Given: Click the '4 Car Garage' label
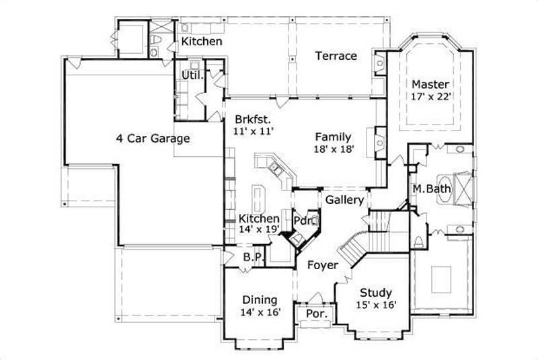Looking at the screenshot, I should coord(153,139).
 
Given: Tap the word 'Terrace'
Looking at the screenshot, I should coord(336,56).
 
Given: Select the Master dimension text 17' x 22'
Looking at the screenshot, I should coord(430,96).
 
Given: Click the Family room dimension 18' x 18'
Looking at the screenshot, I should coord(334,149).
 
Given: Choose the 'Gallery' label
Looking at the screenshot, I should coord(344,200).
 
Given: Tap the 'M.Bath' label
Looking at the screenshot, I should coord(431,188).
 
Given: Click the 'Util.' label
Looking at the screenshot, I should coord(192,75).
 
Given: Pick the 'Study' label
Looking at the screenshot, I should coord(376,293).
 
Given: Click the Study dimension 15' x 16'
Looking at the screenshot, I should coord(376,305).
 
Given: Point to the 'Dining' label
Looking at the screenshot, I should coord(259,299).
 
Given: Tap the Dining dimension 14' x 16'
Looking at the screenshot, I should coord(259,312).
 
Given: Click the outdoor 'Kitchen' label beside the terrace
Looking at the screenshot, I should coord(202,41).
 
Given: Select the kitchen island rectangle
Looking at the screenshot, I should coord(260,200).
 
